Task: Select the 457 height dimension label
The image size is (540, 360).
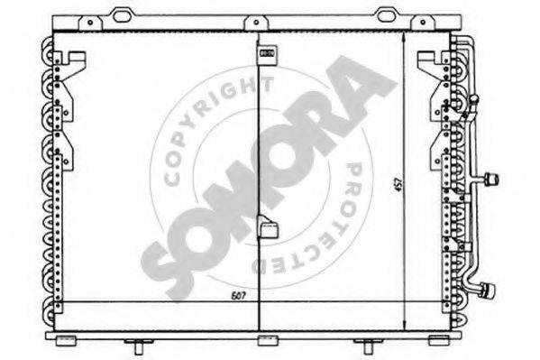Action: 399,185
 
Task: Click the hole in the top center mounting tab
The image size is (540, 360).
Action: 256,23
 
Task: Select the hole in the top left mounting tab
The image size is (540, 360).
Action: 90,23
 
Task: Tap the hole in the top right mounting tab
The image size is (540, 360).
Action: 423,23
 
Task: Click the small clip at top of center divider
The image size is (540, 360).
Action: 268,54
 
